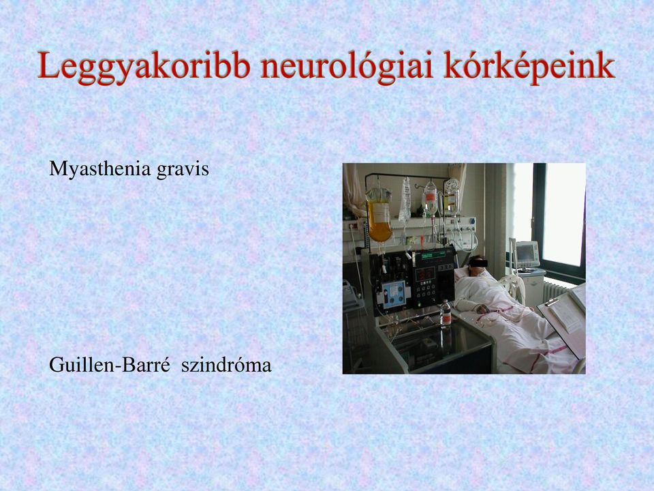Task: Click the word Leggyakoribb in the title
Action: click(x=144, y=66)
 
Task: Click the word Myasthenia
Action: click(x=100, y=169)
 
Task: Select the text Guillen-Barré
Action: click(x=110, y=364)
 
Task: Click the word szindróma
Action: click(x=226, y=366)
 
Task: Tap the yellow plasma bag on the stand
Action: click(x=379, y=215)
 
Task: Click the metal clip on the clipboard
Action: click(x=552, y=301)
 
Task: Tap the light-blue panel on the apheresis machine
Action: click(x=394, y=295)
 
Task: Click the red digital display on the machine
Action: click(x=424, y=274)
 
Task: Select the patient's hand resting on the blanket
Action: click(x=483, y=309)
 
